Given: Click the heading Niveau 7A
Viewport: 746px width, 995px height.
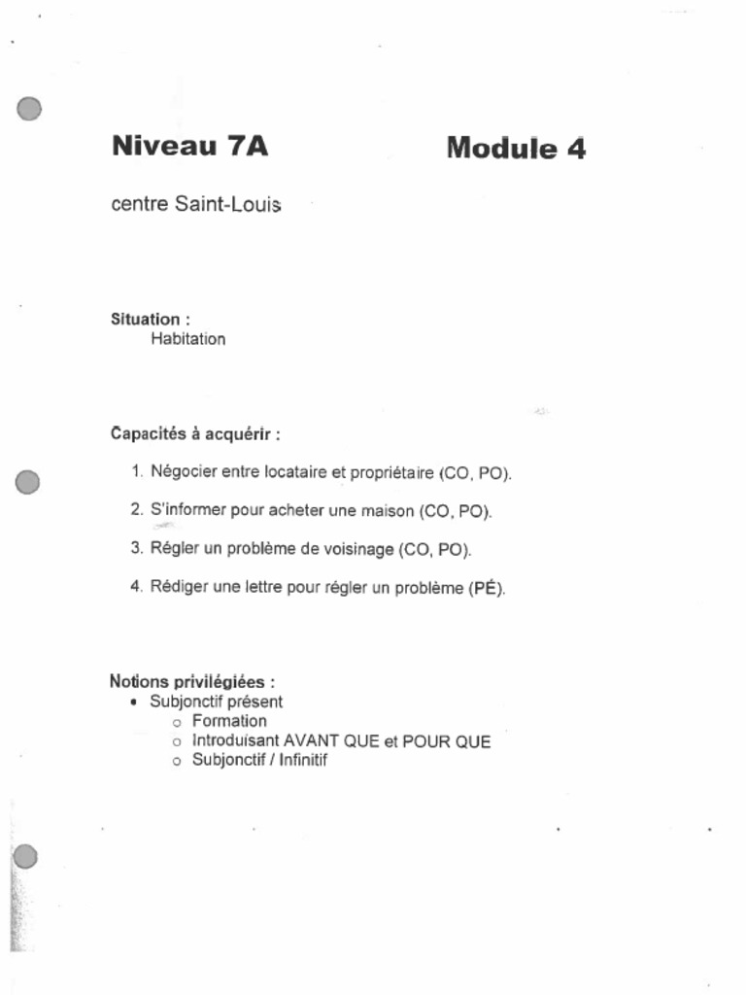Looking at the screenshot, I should click(x=189, y=147).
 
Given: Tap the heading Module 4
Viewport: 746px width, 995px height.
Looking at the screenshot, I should click(x=516, y=149).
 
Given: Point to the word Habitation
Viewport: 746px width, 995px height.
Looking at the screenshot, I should click(x=187, y=339).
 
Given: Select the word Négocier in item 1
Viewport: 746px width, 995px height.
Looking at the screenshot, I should click(x=184, y=472).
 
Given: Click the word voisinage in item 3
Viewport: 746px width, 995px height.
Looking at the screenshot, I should click(x=358, y=548).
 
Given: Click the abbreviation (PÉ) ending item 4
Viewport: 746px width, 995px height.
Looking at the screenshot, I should click(x=487, y=588).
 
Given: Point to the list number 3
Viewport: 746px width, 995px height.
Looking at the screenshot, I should click(x=137, y=548).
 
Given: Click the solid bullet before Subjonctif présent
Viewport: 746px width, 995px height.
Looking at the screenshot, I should click(x=132, y=702).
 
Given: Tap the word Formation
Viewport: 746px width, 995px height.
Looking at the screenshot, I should click(x=229, y=721).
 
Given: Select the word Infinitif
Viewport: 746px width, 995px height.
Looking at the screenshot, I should click(x=303, y=761).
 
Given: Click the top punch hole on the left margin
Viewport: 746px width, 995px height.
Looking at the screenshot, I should click(x=29, y=109).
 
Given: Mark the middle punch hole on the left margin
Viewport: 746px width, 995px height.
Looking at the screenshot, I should click(x=28, y=482).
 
